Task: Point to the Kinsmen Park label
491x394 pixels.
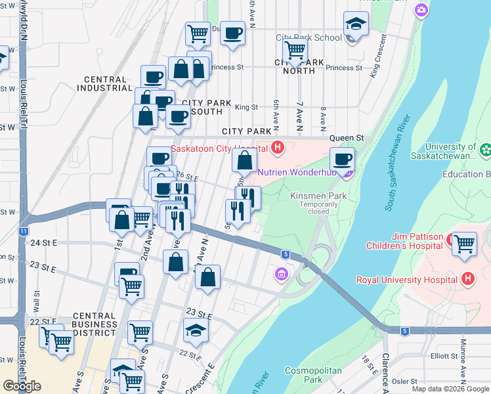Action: pyautogui.click(x=309, y=196)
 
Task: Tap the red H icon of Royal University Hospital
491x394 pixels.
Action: pyautogui.click(x=467, y=280)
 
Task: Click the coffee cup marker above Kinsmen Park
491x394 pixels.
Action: pyautogui.click(x=341, y=159)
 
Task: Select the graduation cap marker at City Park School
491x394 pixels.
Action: pyautogui.click(x=356, y=24)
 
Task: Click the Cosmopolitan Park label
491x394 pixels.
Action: pyautogui.click(x=313, y=375)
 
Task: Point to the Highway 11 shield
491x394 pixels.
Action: pyautogui.click(x=24, y=231)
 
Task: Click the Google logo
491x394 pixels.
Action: pyautogui.click(x=22, y=386)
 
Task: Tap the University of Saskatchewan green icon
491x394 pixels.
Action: pyautogui.click(x=486, y=150)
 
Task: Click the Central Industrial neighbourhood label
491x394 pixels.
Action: pyautogui.click(x=104, y=83)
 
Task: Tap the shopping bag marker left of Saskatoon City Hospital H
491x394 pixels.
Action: pyautogui.click(x=244, y=160)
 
